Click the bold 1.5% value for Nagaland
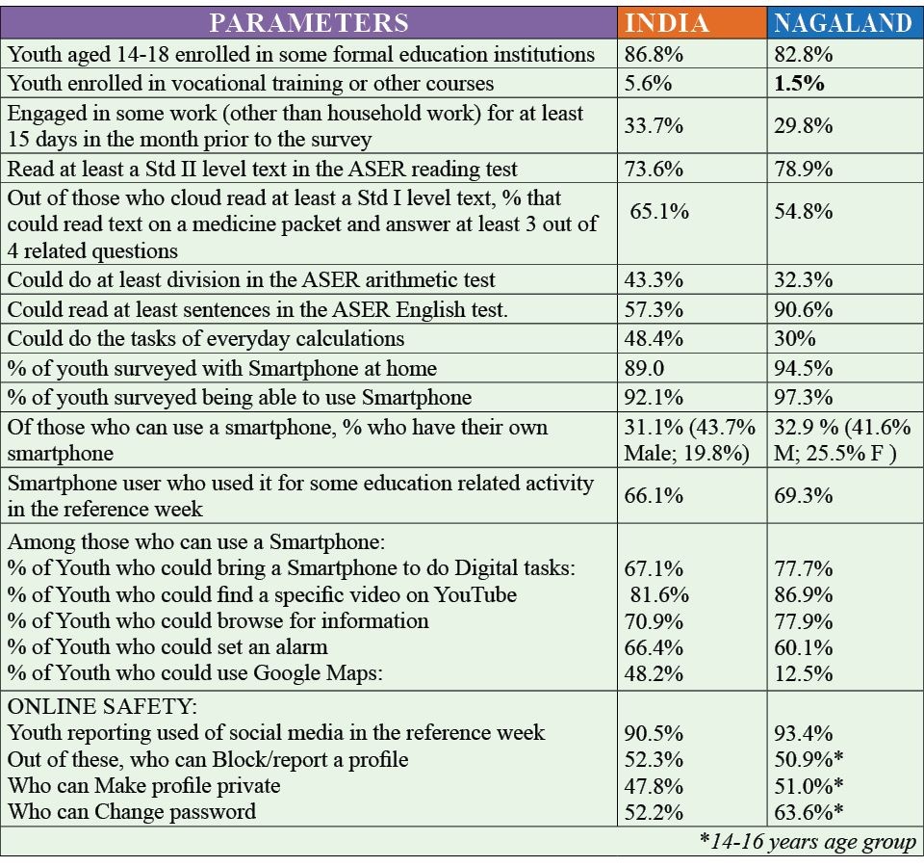(x=799, y=84)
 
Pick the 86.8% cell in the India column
(x=654, y=56)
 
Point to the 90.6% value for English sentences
(x=804, y=310)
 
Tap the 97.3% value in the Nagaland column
(x=804, y=397)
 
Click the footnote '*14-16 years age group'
(x=808, y=841)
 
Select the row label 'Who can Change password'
(x=132, y=811)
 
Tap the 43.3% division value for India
(x=654, y=280)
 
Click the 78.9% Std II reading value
(x=804, y=170)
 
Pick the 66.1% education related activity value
(x=654, y=495)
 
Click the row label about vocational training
(x=250, y=84)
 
